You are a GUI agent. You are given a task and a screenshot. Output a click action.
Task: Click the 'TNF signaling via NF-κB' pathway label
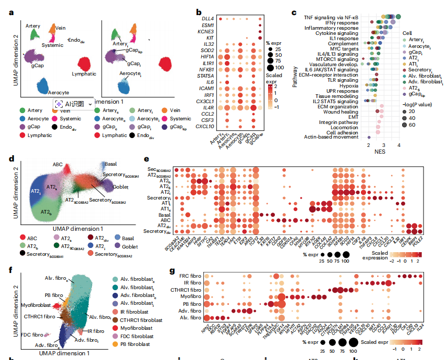pyautogui.click(x=332, y=17)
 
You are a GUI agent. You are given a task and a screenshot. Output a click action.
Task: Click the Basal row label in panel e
pyautogui.click(x=164, y=214)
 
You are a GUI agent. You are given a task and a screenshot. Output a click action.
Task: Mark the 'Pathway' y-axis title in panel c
pyautogui.click(x=295, y=76)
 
